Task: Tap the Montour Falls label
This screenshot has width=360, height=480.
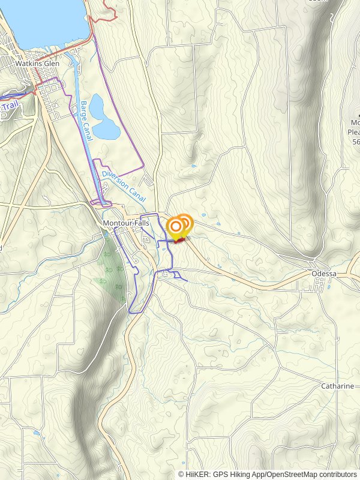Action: [126, 223]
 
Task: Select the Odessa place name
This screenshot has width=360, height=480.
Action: [325, 274]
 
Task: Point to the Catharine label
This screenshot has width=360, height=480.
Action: [337, 386]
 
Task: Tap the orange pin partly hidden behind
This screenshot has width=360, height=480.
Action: [186, 223]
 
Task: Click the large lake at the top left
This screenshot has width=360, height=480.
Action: [42, 21]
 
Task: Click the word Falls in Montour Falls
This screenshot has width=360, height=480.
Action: [141, 223]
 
